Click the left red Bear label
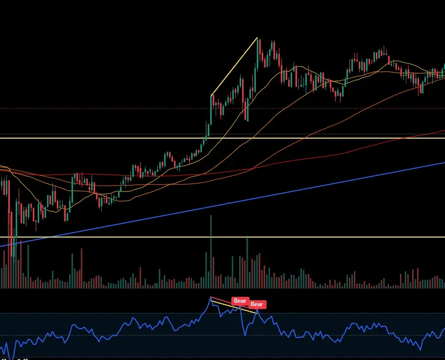240,301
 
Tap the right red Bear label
257,304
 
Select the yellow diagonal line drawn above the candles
234,66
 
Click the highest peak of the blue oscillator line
211,297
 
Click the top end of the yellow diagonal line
257,38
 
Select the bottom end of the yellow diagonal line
211,95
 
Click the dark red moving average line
343,152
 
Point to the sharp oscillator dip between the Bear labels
244,335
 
